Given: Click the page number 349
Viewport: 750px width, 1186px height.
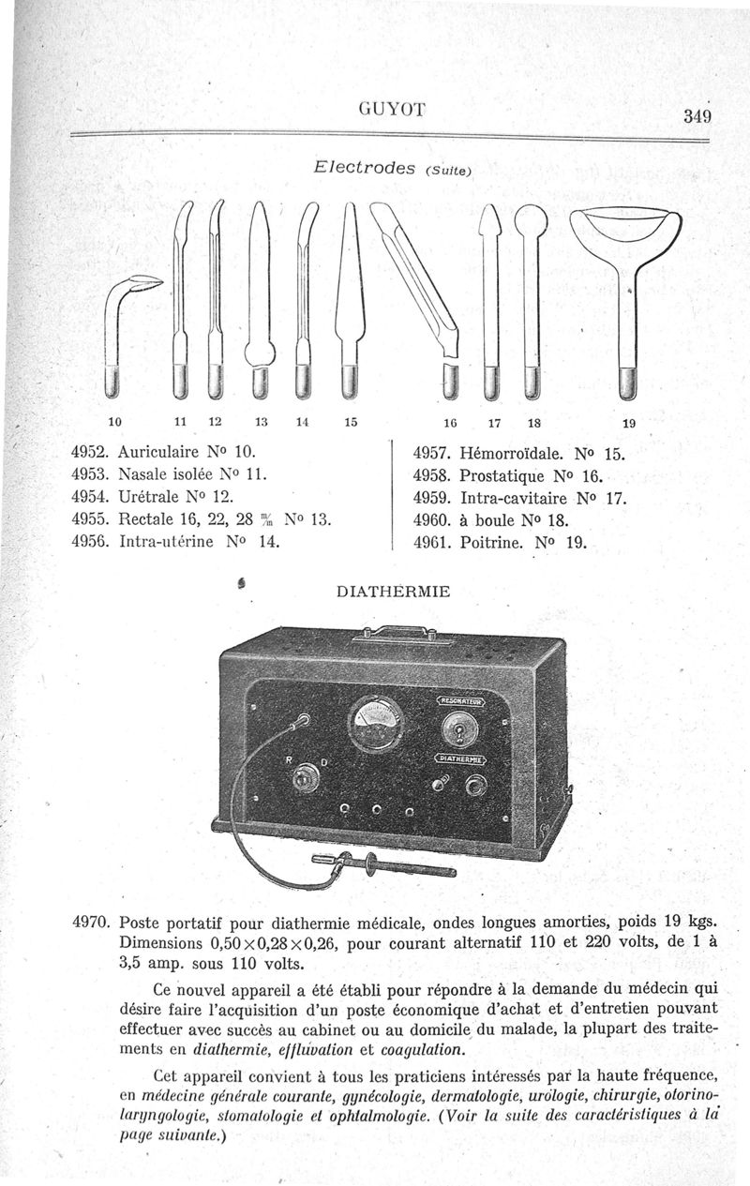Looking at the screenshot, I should click(x=697, y=116).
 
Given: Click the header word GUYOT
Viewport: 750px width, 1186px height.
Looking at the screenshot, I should click(x=392, y=110).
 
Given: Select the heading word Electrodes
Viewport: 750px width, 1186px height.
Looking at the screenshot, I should click(x=364, y=168).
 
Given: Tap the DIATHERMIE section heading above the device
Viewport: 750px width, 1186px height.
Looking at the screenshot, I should click(x=393, y=592).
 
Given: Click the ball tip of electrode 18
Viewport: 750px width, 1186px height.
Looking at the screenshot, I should click(x=532, y=221).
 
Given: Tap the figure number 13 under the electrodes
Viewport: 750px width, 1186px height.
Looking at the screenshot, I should click(x=262, y=422).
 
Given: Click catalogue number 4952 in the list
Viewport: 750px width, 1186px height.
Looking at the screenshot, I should click(x=90, y=450).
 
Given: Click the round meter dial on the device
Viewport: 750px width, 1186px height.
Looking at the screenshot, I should click(x=376, y=724).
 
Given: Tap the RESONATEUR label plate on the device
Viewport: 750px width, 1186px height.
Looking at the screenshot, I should click(x=460, y=699).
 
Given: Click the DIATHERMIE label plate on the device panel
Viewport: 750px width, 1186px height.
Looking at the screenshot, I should click(x=460, y=758).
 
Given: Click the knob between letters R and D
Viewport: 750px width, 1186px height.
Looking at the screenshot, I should click(x=304, y=777).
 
